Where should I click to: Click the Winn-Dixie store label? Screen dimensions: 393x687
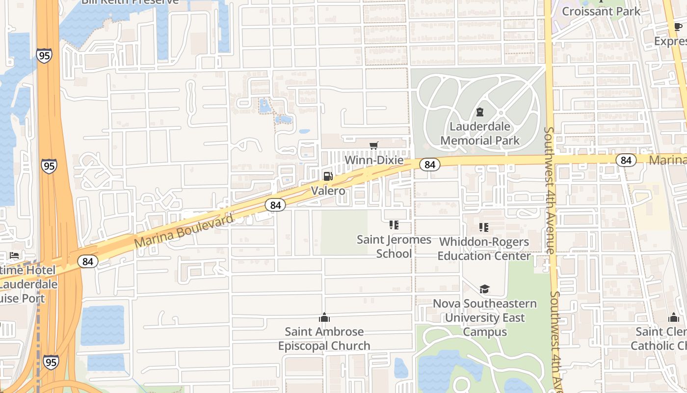(374, 160)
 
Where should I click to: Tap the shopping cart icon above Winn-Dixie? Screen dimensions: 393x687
(374, 145)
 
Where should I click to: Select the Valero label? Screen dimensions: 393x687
(328, 191)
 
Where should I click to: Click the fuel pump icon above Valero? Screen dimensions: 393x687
(328, 176)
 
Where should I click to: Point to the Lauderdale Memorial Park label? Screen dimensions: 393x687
(479, 134)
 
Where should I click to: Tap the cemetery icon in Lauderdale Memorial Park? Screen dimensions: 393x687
(480, 112)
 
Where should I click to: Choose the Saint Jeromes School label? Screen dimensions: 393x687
(394, 247)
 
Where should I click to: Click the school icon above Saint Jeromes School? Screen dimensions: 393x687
(394, 225)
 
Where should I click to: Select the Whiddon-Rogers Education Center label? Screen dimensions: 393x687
(484, 249)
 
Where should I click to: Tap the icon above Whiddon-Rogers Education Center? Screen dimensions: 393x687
(484, 227)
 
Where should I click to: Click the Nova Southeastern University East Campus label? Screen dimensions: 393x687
(485, 318)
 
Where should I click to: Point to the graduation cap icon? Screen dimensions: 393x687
(485, 289)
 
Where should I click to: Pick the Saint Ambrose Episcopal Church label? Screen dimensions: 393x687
(324, 338)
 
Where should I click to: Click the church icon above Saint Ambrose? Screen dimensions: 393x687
(324, 317)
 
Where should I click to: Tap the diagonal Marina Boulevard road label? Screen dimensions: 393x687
(184, 231)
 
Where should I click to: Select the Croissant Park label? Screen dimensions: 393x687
(601, 11)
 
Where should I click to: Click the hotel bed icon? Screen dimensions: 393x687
(14, 255)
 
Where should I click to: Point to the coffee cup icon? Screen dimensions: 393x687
(678, 27)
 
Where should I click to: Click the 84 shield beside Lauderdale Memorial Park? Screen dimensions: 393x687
(429, 165)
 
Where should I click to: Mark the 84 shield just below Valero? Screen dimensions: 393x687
(275, 205)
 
